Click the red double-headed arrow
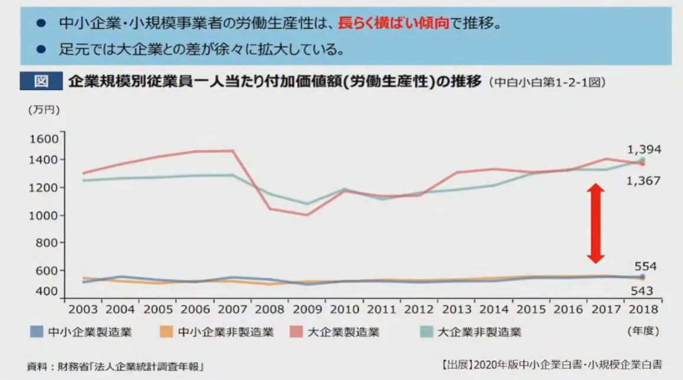coord(596,223)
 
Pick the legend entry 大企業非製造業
coord(471,332)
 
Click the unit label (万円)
coord(43,110)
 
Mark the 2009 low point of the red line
coord(307,215)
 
